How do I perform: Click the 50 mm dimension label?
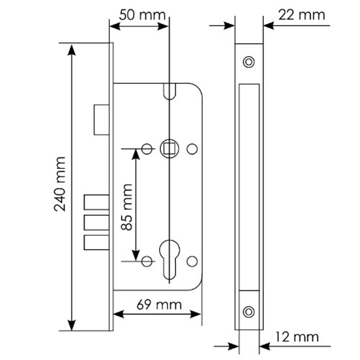coord(142,15)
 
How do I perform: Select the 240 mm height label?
coord(60,184)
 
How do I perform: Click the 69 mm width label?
coord(159,305)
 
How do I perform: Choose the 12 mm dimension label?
coord(297,337)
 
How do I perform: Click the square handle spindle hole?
coord(168,148)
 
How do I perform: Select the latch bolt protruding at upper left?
coord(101,120)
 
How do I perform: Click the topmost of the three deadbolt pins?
coord(96,202)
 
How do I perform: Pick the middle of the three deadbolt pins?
coord(96,222)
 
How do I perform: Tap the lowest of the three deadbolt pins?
coord(96,243)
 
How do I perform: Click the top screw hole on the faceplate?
coord(248,62)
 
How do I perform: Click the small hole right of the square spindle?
coord(193,148)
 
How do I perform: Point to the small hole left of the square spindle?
coord(147,148)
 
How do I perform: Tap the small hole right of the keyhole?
coord(193,261)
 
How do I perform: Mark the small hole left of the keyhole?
coord(147,261)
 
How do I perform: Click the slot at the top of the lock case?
coord(169,91)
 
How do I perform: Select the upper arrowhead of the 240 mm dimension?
coord(72,49)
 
